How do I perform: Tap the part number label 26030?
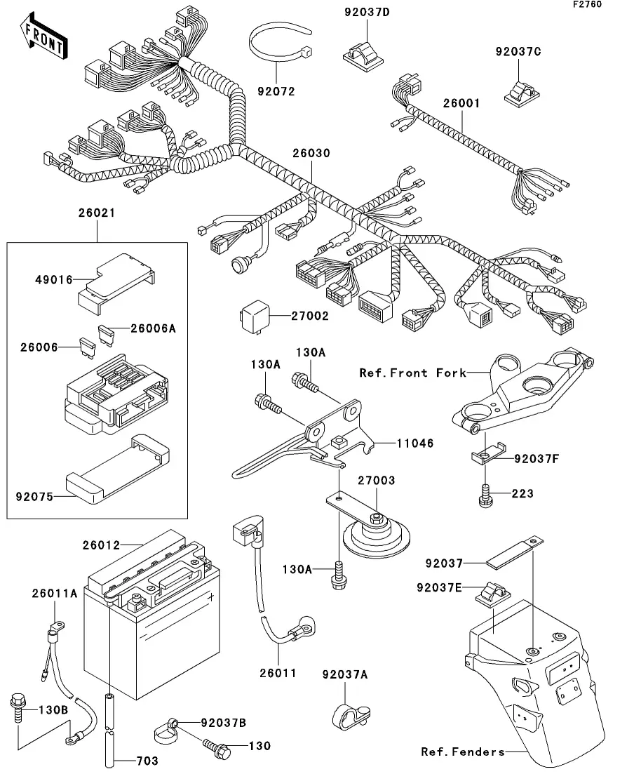click(312, 153)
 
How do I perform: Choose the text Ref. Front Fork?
click(412, 373)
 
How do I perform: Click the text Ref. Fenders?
click(462, 752)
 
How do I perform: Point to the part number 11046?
click(416, 443)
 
